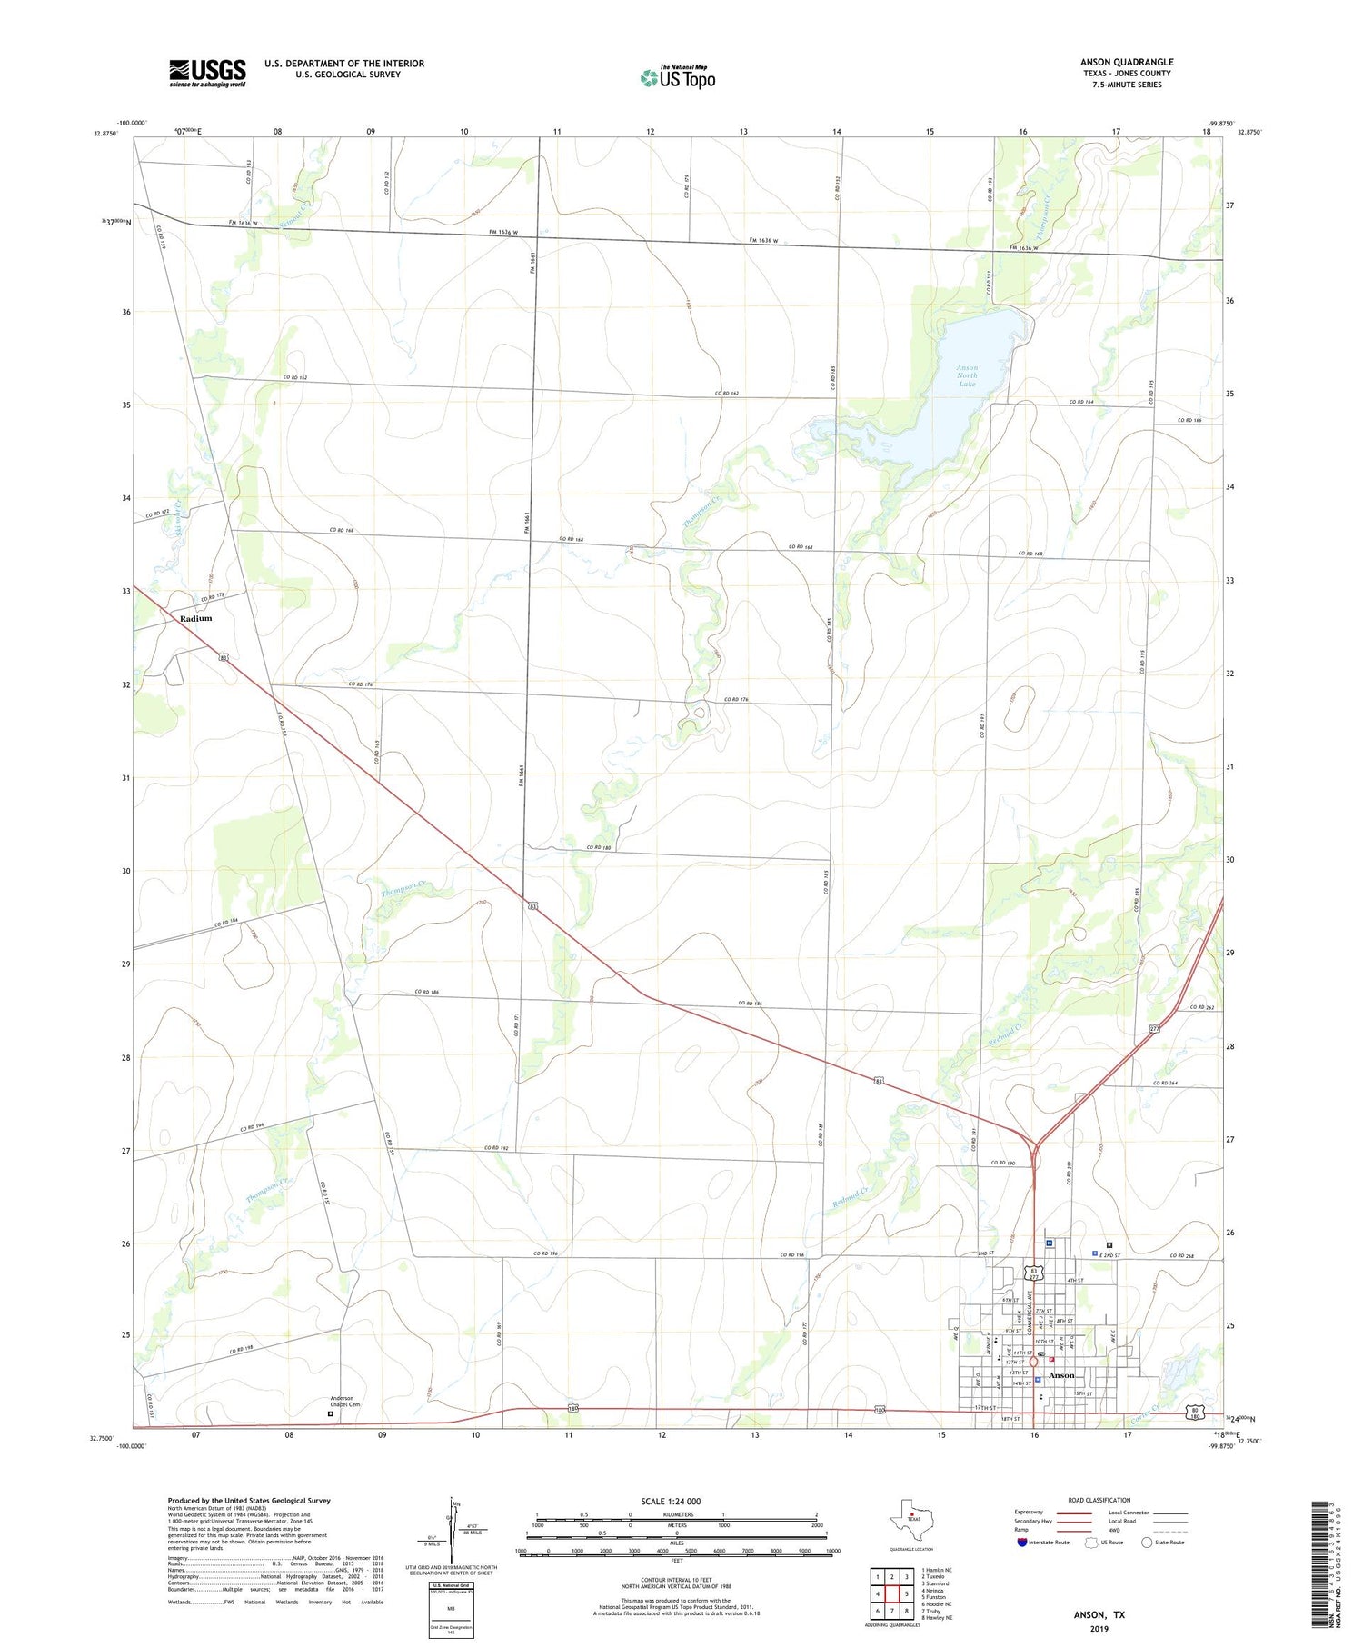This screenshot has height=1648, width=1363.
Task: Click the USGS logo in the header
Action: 207,74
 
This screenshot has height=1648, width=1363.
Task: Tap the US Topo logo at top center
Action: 677,78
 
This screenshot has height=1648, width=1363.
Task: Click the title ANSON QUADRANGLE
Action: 1126,62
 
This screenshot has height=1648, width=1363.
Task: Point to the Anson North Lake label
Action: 967,375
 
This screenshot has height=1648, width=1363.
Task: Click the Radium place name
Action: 195,618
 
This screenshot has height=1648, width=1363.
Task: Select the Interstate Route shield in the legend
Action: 1022,1543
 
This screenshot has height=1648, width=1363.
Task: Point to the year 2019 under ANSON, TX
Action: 1099,1628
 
